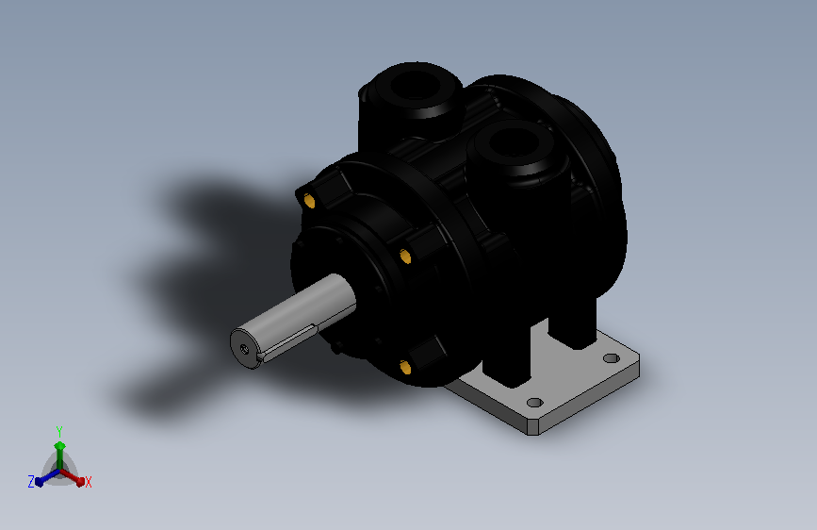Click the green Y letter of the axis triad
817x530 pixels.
pyautogui.click(x=59, y=431)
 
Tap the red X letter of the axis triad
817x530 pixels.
pyautogui.click(x=88, y=483)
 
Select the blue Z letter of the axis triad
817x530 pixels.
pyautogui.click(x=31, y=482)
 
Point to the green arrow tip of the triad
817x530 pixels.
pyautogui.click(x=60, y=446)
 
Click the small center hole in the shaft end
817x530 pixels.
pyautogui.click(x=244, y=349)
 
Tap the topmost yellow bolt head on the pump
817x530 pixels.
pyautogui.click(x=309, y=201)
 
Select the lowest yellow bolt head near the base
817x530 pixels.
pyautogui.click(x=405, y=367)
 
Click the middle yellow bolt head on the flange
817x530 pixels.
pyautogui.click(x=405, y=257)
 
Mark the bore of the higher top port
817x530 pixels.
pyautogui.click(x=417, y=84)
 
